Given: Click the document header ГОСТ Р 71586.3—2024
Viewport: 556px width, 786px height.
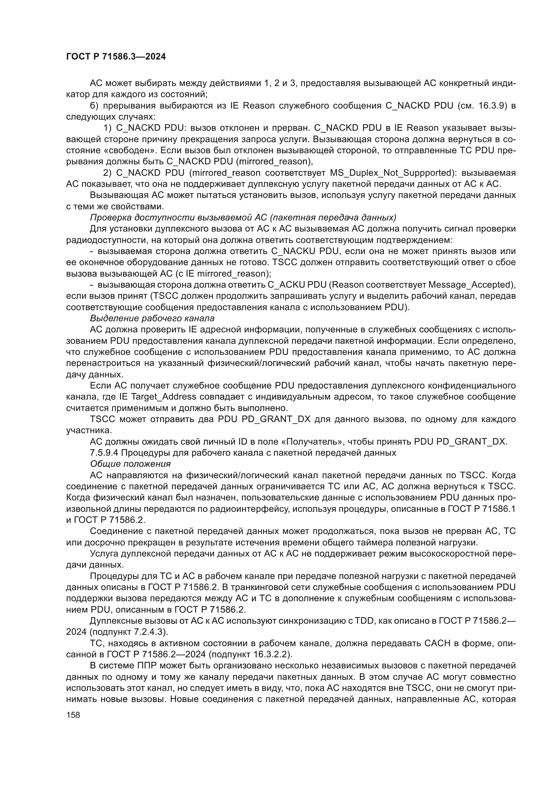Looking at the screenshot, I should pos(116,57).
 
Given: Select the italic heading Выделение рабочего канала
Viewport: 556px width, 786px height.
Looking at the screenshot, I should pos(152,318).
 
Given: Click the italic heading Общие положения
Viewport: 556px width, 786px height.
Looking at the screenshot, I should pos(130,464).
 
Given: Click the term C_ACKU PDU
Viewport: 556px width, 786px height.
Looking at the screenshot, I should pos(297,285).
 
